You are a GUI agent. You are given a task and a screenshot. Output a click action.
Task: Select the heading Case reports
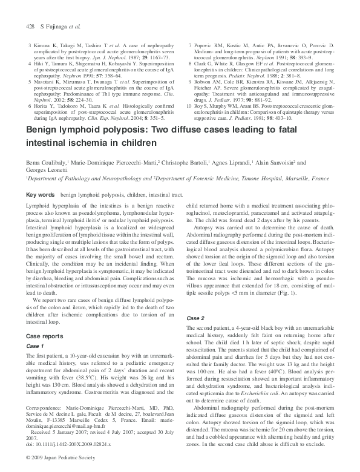(x=45, y=336)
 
